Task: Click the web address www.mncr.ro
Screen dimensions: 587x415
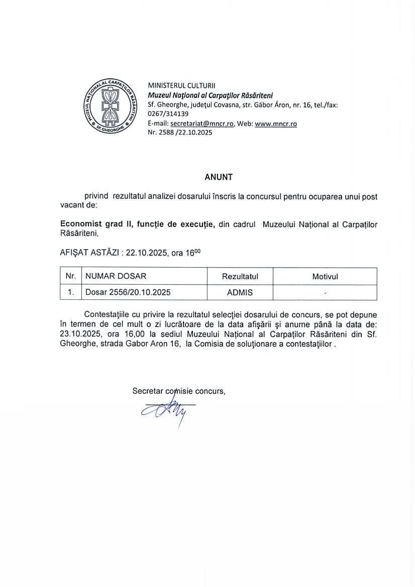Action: coord(276,124)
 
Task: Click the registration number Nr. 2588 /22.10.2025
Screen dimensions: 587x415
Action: coord(180,133)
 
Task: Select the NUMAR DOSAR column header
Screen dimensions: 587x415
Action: coord(116,277)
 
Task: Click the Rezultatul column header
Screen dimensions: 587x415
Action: coord(240,277)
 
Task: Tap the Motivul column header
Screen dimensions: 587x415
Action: coord(325,277)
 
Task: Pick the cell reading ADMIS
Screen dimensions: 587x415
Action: coord(240,292)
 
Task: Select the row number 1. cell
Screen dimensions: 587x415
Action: coord(71,292)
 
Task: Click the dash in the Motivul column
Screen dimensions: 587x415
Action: coord(325,292)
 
